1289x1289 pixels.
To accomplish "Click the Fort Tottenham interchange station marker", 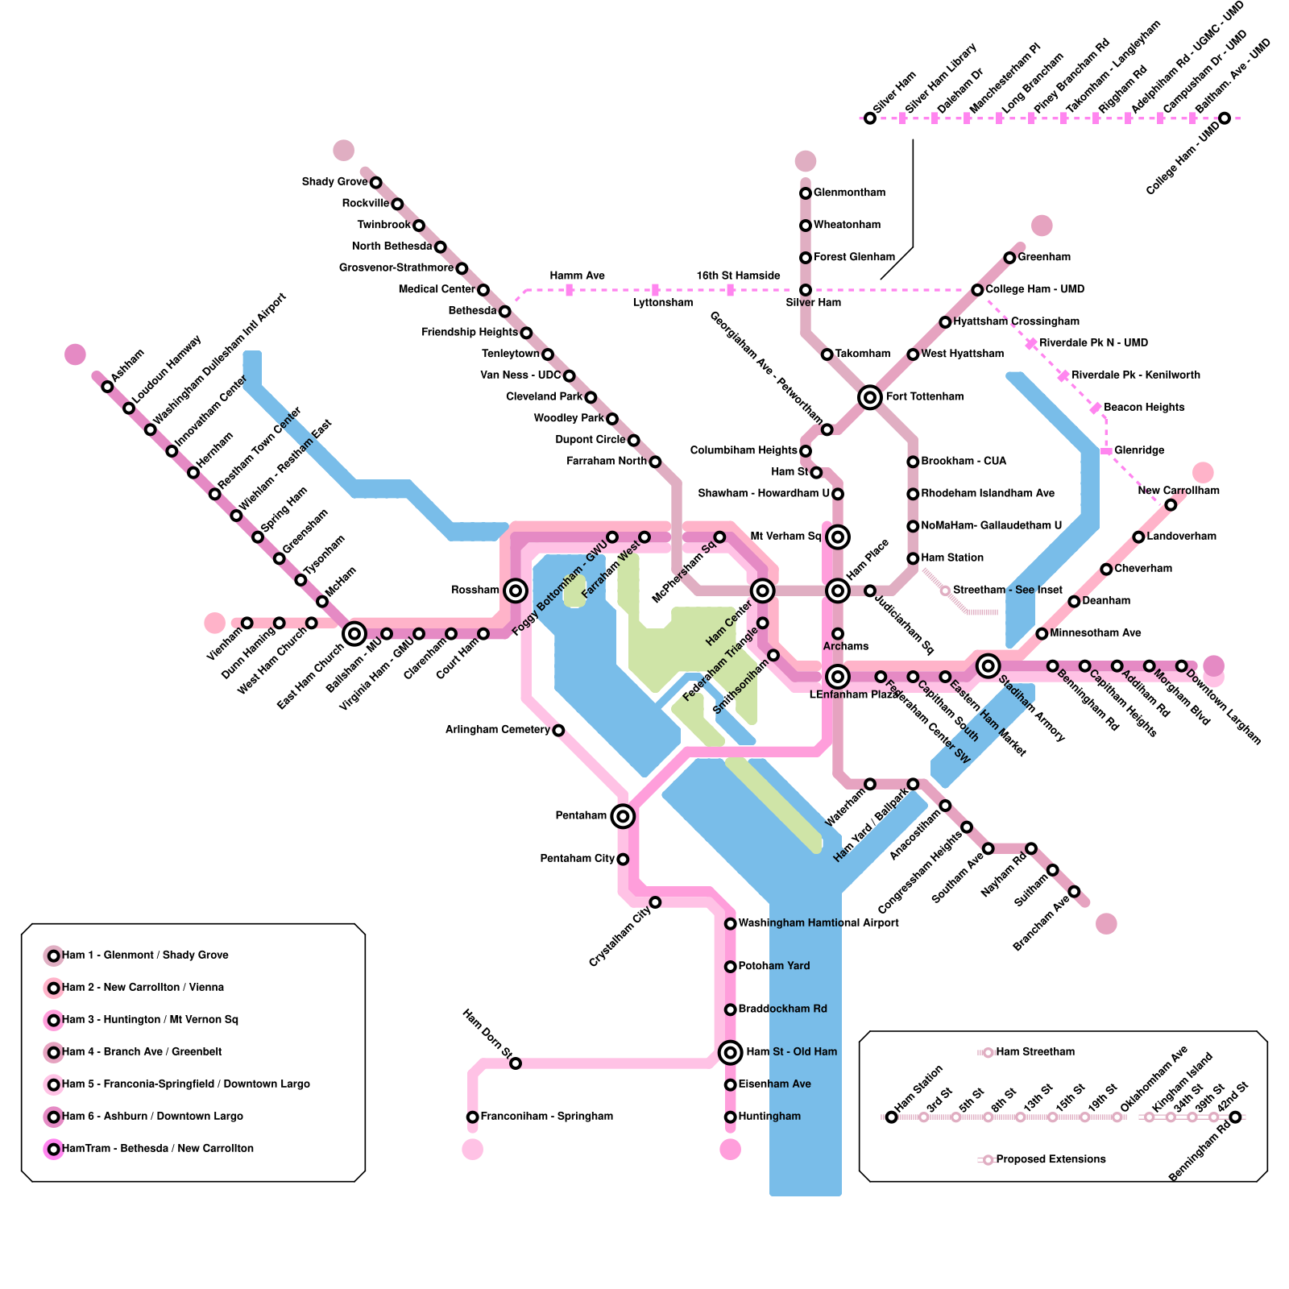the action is coord(869,397).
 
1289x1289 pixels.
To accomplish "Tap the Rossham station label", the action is coord(475,591).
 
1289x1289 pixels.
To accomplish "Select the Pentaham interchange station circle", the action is coord(622,816).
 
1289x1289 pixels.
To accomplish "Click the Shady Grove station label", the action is coord(334,182).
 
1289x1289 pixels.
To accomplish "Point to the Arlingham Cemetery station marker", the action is coord(558,730).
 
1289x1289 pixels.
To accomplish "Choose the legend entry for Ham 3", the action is coord(150,1020).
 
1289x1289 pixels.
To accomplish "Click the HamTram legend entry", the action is coord(158,1149).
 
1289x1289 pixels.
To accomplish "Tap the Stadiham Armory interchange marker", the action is coord(988,665).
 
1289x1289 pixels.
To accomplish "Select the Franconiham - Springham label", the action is coord(546,1117).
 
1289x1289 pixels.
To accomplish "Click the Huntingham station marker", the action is coord(730,1117).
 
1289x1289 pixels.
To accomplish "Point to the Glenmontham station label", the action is coord(849,193).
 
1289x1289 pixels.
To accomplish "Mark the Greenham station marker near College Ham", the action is coord(1009,258).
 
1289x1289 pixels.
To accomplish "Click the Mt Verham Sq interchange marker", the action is coord(838,537).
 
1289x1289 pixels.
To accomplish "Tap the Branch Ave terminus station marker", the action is coord(1074,891).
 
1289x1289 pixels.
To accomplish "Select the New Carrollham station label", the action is coord(1179,491).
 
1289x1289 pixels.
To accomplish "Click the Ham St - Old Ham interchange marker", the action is coord(730,1052).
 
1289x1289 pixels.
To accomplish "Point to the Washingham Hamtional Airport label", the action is coord(818,923).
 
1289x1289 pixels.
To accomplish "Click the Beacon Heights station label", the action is coord(1144,408).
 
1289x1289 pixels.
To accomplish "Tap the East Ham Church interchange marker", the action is coord(354,634).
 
